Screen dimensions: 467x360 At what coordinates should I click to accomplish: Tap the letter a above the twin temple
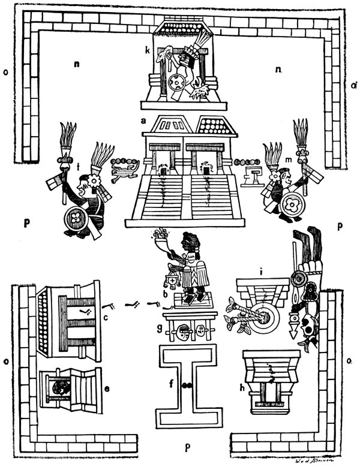click(143, 121)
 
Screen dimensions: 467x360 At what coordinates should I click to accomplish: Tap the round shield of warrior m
click(293, 204)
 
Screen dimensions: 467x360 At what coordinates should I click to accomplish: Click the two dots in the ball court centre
click(187, 386)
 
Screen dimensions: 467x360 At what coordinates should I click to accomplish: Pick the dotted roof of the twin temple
click(211, 126)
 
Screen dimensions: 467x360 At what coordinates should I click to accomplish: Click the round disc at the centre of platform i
click(263, 315)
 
